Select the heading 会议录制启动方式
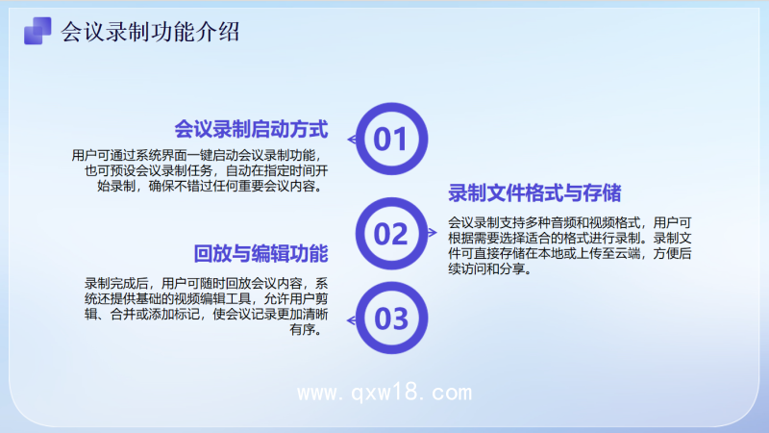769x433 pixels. [x=252, y=129]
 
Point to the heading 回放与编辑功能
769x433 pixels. [x=261, y=254]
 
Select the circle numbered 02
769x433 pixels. [x=390, y=234]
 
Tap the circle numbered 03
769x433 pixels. [x=390, y=318]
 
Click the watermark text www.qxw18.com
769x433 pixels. [x=384, y=393]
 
